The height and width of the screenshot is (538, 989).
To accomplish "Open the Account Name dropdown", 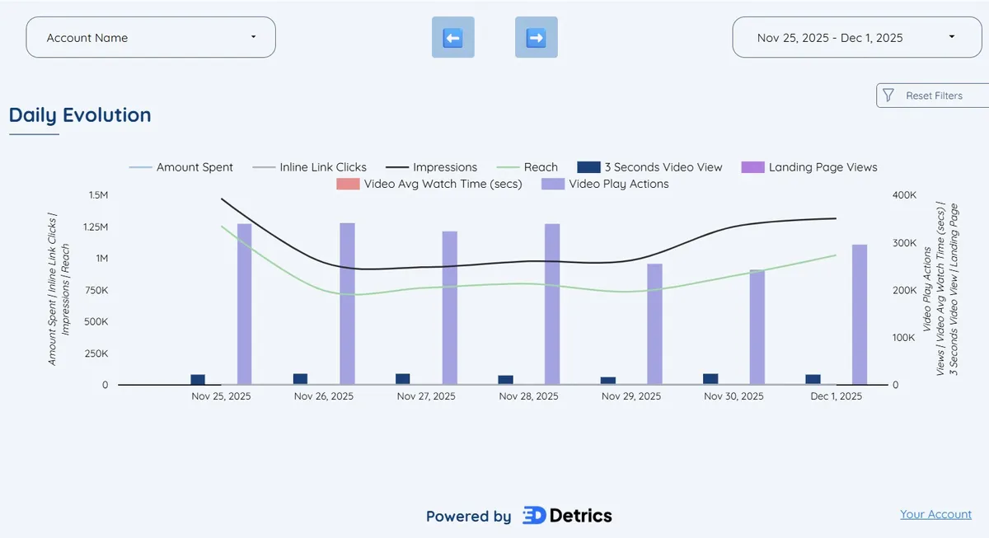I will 151,38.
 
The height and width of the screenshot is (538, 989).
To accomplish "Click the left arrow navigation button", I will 452,38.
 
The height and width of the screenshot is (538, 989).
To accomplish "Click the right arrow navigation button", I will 536,38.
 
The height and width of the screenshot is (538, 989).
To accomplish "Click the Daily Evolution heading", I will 80,115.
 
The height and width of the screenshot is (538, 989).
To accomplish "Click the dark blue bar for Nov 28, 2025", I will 505,380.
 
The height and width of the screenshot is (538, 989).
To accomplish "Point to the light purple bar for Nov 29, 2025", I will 654,324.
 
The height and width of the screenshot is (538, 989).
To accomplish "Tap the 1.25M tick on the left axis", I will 92,227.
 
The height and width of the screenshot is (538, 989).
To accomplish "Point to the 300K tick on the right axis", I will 905,243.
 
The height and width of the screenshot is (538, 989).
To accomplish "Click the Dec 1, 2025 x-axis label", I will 836,396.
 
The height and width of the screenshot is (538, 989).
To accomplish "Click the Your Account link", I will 935,514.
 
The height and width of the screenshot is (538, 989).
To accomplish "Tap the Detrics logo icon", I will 533,516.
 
